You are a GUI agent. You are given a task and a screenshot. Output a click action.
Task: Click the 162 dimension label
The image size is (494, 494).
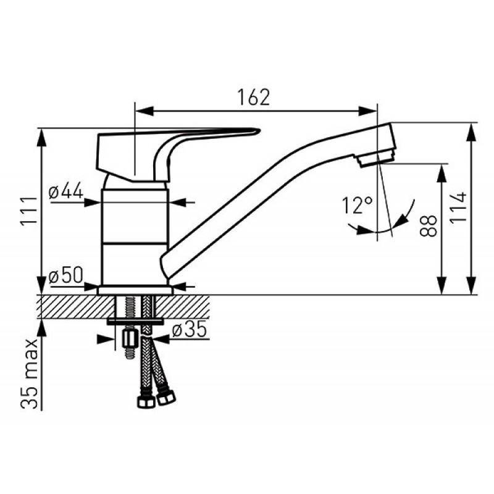coord(254,98)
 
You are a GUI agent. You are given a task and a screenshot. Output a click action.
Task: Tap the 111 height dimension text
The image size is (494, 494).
coord(29,211)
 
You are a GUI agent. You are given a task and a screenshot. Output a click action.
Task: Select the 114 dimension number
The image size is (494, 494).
coord(458,208)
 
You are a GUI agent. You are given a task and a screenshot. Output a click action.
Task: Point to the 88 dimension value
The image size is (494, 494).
coord(428,225)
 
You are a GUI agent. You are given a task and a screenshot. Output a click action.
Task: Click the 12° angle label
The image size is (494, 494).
coord(358,205)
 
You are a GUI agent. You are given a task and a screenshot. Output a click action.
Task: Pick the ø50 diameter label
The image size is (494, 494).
coord(66,275)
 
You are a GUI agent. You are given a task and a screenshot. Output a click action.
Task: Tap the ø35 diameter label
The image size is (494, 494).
coord(190,329)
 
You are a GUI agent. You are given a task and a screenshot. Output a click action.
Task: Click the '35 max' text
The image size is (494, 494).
coord(29,374)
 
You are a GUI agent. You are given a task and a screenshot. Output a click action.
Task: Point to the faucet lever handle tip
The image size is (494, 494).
coord(259,130)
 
